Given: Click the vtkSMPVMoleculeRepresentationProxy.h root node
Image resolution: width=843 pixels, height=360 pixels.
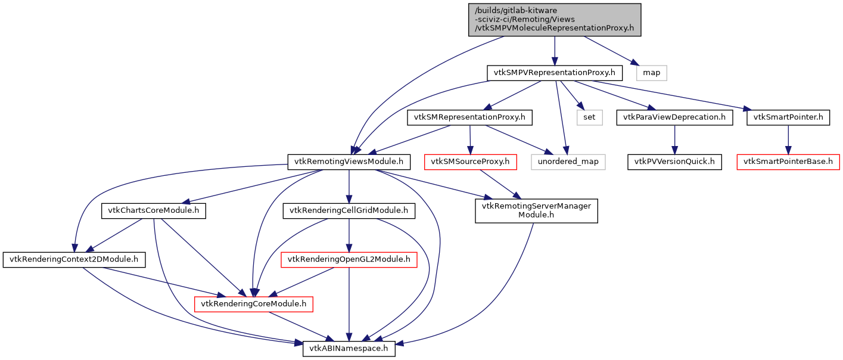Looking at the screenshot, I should [x=555, y=20].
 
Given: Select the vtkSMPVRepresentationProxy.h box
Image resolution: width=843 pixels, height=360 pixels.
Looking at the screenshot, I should [x=555, y=73].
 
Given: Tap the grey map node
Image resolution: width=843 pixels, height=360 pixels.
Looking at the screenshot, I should [x=651, y=73].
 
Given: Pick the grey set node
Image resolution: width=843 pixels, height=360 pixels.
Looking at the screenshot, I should [x=589, y=117].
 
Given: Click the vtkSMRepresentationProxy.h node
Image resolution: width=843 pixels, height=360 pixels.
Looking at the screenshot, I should [x=469, y=117].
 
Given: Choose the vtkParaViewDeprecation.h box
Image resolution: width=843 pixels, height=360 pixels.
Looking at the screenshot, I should [x=674, y=117].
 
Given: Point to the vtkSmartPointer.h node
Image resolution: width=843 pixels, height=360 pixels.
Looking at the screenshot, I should [x=788, y=117].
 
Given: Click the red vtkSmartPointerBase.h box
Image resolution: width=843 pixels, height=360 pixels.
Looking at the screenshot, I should [x=788, y=162].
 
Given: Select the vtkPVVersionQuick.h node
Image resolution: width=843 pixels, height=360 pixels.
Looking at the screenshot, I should [x=674, y=162].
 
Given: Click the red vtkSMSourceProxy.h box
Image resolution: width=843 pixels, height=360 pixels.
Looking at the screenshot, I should [x=471, y=162].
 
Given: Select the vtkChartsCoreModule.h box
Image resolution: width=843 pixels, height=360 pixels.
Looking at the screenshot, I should [x=154, y=210].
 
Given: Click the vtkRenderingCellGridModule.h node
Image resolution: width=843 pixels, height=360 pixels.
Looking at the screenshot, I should [x=349, y=210].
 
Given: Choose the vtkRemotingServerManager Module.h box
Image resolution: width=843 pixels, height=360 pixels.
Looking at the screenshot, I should [x=536, y=210].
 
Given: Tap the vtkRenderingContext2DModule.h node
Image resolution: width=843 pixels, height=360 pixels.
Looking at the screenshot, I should [x=74, y=259].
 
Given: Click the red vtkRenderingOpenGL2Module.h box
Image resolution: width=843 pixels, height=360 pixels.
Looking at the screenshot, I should [x=349, y=259].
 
